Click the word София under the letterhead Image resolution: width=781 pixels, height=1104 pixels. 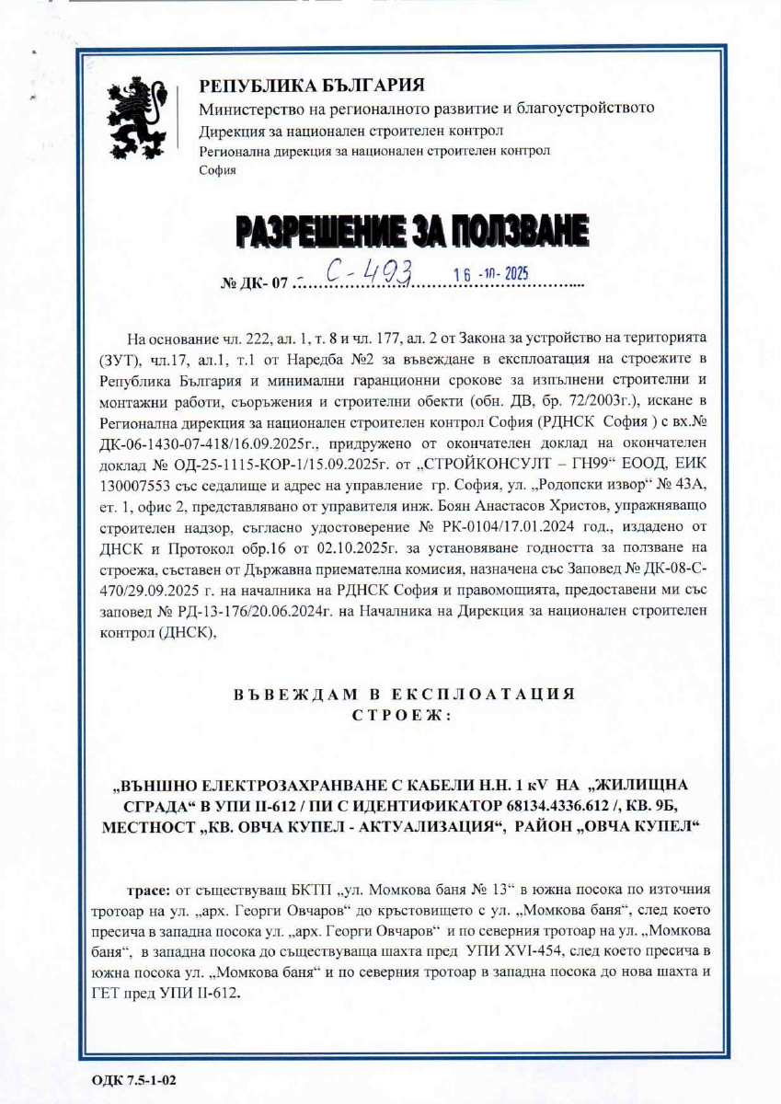(x=217, y=170)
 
